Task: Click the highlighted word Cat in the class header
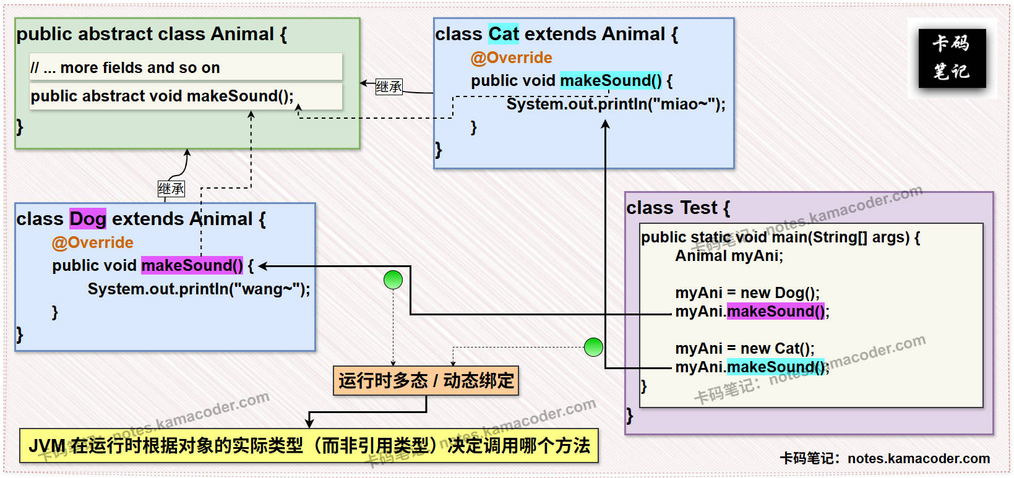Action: (x=504, y=34)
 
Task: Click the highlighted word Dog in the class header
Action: (x=87, y=219)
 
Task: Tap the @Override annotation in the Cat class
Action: (x=511, y=58)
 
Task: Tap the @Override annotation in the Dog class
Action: (x=93, y=242)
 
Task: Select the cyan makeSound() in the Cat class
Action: (x=611, y=80)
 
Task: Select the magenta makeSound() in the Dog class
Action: (x=192, y=265)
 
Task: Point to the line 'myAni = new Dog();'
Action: (x=747, y=292)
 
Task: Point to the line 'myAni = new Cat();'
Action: (x=744, y=348)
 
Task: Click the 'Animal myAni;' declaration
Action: (x=729, y=256)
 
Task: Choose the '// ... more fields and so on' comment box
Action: (x=186, y=67)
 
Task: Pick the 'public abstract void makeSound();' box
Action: (x=186, y=96)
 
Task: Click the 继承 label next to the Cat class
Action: (x=389, y=87)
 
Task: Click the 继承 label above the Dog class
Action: (x=171, y=189)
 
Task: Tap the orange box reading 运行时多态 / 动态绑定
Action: (x=426, y=380)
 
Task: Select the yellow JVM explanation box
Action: (x=309, y=445)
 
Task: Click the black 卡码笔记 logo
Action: (x=952, y=58)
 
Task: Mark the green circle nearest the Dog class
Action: (x=393, y=280)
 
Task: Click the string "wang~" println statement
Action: (x=199, y=289)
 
